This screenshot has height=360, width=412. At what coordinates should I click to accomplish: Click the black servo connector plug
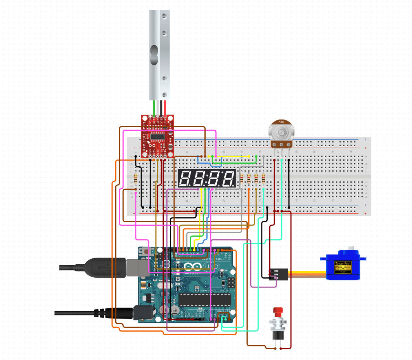[x=279, y=273]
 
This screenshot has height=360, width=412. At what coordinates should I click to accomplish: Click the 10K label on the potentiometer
[x=281, y=122]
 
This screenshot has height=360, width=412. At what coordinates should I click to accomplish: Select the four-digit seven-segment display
[x=207, y=178]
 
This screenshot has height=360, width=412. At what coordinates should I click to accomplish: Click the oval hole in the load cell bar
[x=154, y=55]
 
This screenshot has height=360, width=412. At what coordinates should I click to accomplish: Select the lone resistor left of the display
[x=135, y=178]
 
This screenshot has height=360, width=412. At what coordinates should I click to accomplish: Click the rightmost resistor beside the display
[x=263, y=178]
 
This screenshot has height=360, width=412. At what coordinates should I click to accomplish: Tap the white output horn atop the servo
[x=352, y=248]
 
